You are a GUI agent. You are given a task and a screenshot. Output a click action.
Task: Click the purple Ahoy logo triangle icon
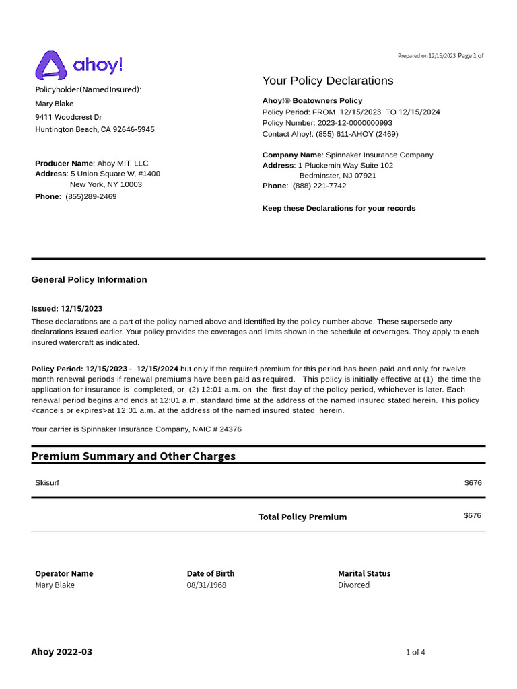point(50,66)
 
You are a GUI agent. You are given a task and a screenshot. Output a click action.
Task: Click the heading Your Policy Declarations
point(328,81)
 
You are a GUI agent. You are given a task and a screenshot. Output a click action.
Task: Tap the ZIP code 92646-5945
point(134,129)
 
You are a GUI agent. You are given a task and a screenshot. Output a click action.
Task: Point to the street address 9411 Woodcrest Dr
point(68,116)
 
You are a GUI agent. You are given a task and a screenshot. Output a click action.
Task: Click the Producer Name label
point(64,164)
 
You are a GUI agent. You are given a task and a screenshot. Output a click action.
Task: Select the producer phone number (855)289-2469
point(91,196)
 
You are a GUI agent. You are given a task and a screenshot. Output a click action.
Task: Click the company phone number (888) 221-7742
point(319,186)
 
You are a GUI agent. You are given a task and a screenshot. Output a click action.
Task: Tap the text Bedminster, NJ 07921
point(337,176)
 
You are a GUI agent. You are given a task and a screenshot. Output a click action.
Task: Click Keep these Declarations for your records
point(339,208)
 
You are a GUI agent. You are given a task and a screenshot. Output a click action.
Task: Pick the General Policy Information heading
point(89,279)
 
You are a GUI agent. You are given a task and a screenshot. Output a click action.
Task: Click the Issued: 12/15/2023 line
point(67,308)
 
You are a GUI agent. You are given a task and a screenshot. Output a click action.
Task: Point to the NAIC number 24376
point(230,429)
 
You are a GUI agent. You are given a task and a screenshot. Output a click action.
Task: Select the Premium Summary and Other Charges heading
point(133,456)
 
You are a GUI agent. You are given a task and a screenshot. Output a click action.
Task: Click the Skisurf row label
point(47,483)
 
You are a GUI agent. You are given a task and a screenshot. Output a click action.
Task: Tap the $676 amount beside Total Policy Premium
point(473,515)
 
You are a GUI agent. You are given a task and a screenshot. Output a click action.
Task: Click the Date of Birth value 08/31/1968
point(206,585)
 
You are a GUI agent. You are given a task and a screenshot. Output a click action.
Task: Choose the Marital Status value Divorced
point(353,585)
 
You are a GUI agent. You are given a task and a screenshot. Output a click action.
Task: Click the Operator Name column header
point(64,573)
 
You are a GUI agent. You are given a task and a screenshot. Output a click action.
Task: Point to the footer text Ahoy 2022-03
point(62,651)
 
